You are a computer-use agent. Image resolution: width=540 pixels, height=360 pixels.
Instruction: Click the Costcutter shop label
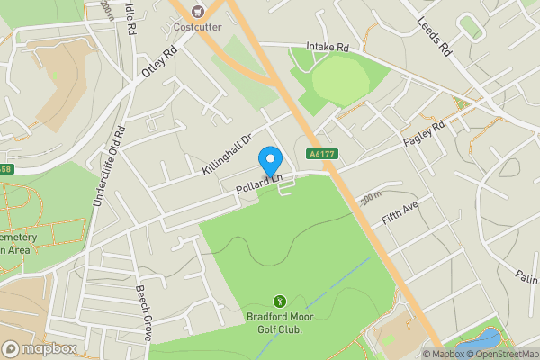tap(198, 26)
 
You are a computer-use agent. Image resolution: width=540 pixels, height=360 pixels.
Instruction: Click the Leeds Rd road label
tap(433, 37)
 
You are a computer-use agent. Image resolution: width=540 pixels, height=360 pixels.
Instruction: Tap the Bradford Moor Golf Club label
tap(279, 322)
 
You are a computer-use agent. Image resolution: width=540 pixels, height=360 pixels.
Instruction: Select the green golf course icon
tap(279, 301)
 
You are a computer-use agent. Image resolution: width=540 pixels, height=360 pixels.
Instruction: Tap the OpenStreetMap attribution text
tap(501, 354)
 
